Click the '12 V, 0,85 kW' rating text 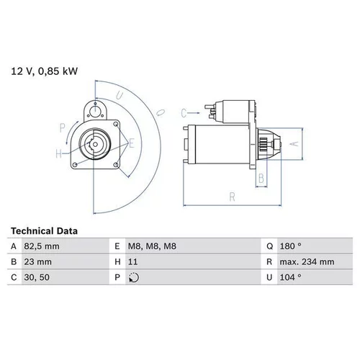pyautogui.click(x=45, y=71)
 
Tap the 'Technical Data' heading pyautogui.click(x=44, y=231)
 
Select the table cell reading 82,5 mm pyautogui.click(x=42, y=246)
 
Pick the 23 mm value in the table pyautogui.click(x=37, y=262)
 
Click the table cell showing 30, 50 pyautogui.click(x=37, y=277)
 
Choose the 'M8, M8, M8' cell pyautogui.click(x=152, y=246)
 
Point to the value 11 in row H pyautogui.click(x=132, y=262)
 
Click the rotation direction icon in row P pyautogui.click(x=134, y=278)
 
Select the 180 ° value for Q pyautogui.click(x=290, y=246)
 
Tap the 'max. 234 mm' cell pyautogui.click(x=307, y=262)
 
